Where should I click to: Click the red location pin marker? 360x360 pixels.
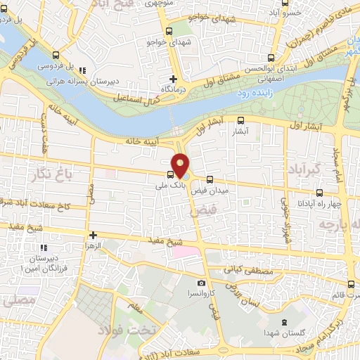click(181, 165)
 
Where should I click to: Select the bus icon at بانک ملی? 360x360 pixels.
click(170, 176)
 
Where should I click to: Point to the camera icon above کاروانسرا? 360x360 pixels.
click(202, 283)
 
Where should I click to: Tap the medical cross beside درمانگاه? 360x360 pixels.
click(173, 79)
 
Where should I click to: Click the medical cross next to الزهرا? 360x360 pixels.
click(92, 235)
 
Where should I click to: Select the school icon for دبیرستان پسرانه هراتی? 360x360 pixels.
click(82, 70)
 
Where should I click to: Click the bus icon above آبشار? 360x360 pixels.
click(241, 120)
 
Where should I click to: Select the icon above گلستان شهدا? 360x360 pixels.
click(283, 322)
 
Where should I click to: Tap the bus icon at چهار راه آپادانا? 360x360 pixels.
click(319, 193)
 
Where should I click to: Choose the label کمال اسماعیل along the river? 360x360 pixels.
click(143, 98)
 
